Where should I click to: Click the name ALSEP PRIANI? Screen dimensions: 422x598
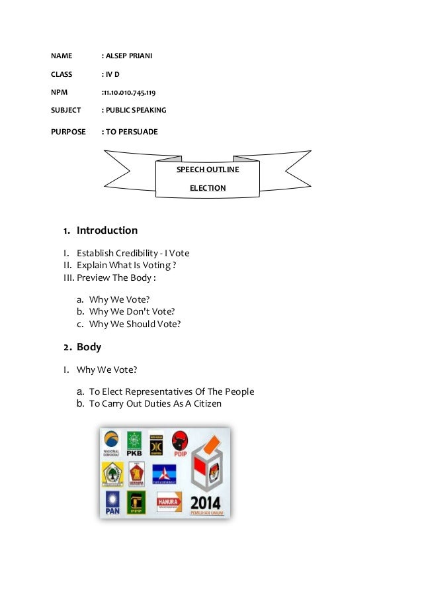(129, 55)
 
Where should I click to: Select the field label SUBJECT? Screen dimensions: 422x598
(66, 110)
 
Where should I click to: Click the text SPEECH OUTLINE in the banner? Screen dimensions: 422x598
(208, 170)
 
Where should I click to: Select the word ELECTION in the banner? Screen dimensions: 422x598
(208, 188)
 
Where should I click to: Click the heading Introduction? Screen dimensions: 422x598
(107, 230)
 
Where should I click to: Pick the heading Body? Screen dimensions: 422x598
(89, 346)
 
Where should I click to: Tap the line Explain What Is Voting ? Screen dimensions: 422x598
(126, 266)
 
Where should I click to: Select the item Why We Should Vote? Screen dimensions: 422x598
(135, 324)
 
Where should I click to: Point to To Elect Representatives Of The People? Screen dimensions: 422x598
(171, 391)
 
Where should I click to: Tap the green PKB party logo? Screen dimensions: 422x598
(134, 444)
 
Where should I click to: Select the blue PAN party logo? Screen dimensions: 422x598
(112, 503)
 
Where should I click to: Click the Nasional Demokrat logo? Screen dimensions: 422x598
(112, 444)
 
